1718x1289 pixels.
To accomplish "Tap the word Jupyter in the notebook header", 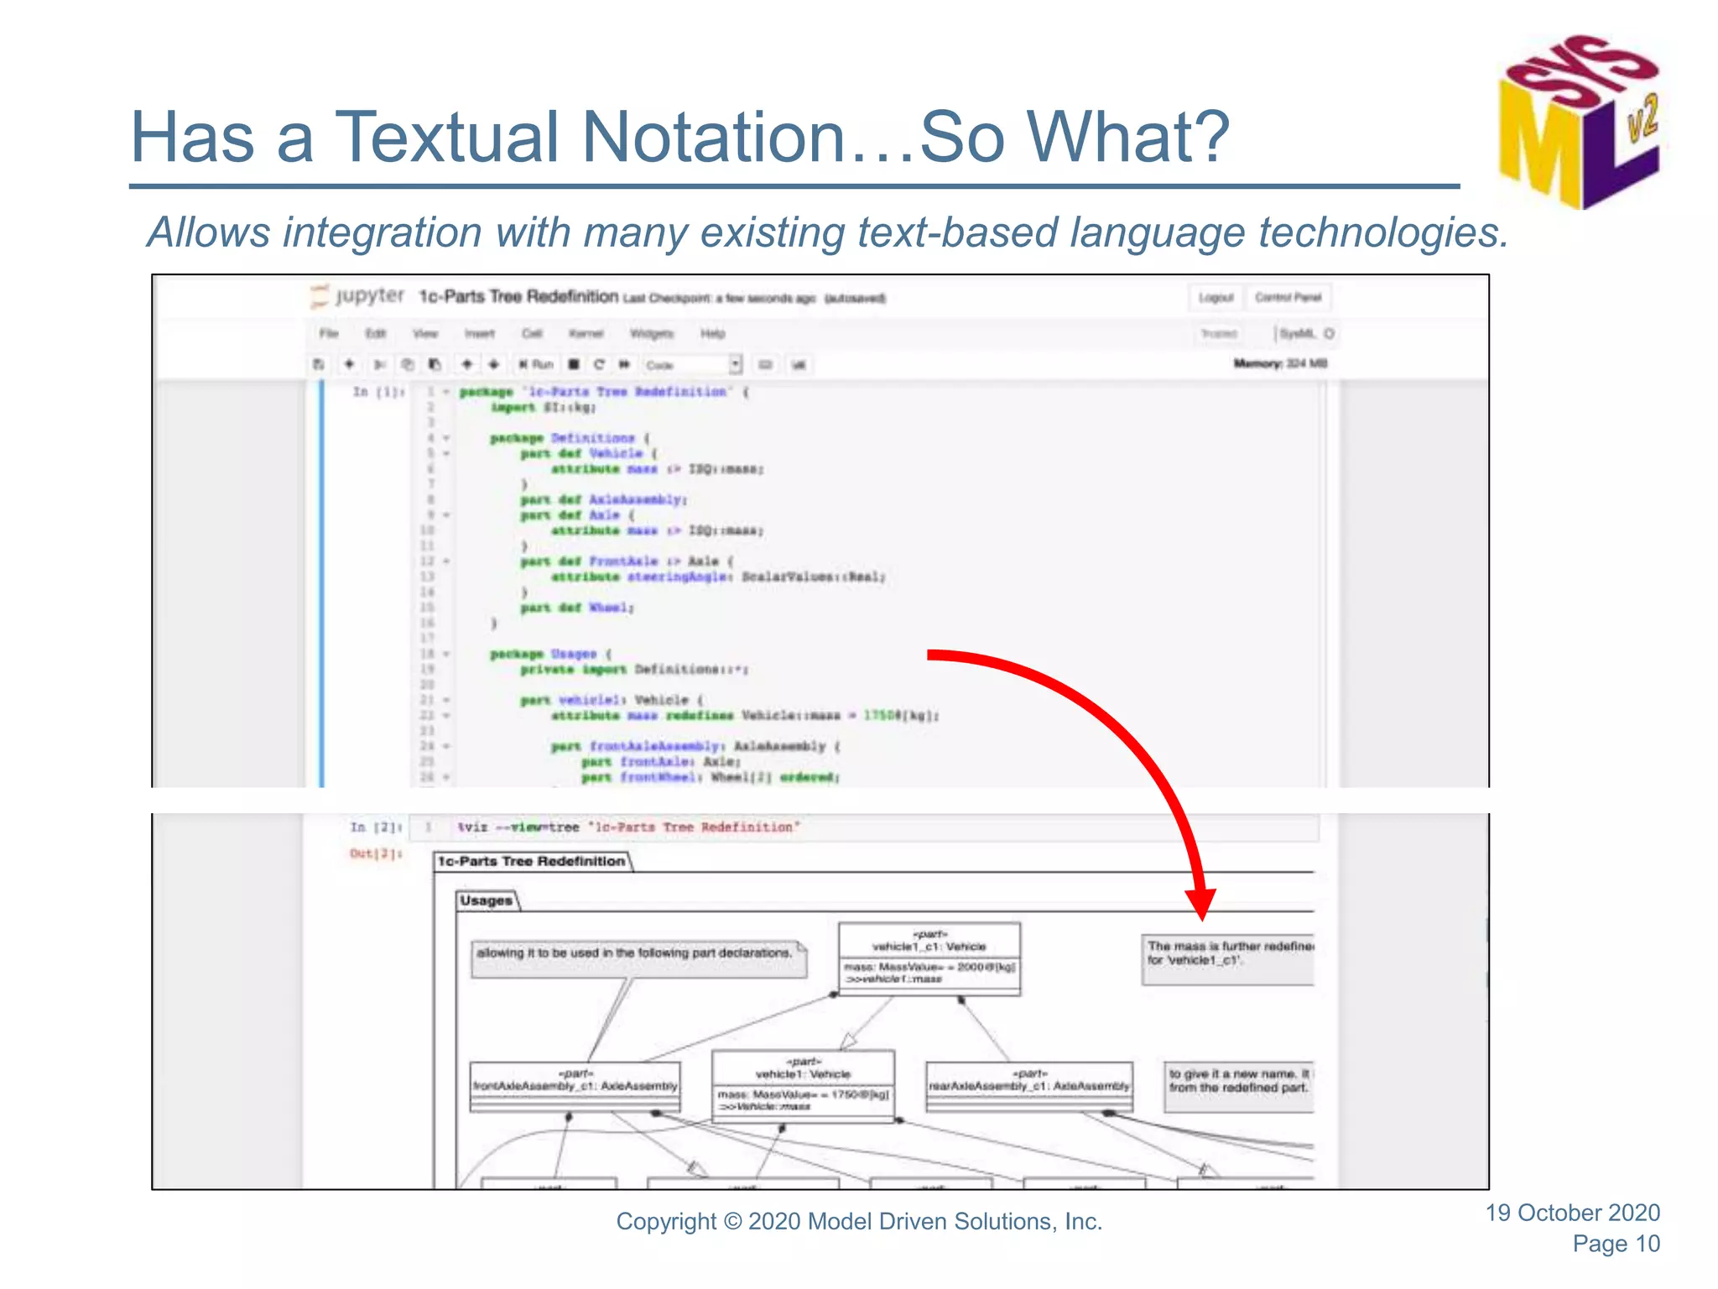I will tap(369, 295).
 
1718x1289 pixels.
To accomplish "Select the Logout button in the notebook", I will tap(1216, 298).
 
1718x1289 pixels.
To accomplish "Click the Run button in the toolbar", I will tap(537, 364).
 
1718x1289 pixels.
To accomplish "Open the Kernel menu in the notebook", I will tap(586, 334).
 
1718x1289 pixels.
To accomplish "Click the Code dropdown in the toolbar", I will tap(693, 365).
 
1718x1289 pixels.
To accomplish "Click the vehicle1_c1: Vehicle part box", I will tap(929, 958).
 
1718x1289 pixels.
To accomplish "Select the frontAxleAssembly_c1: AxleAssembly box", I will tap(575, 1086).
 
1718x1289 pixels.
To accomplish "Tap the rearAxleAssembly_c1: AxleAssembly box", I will tap(1029, 1086).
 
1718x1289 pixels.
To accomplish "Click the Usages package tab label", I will tap(487, 900).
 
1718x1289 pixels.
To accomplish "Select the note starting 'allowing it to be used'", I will tap(638, 958).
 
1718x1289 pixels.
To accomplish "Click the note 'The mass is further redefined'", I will tap(1228, 958).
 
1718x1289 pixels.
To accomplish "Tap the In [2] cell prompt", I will tap(376, 827).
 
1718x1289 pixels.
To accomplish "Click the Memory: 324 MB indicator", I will tap(1280, 363).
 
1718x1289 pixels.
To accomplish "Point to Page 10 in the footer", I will tap(1616, 1244).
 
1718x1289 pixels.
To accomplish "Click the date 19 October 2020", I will tap(1572, 1213).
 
